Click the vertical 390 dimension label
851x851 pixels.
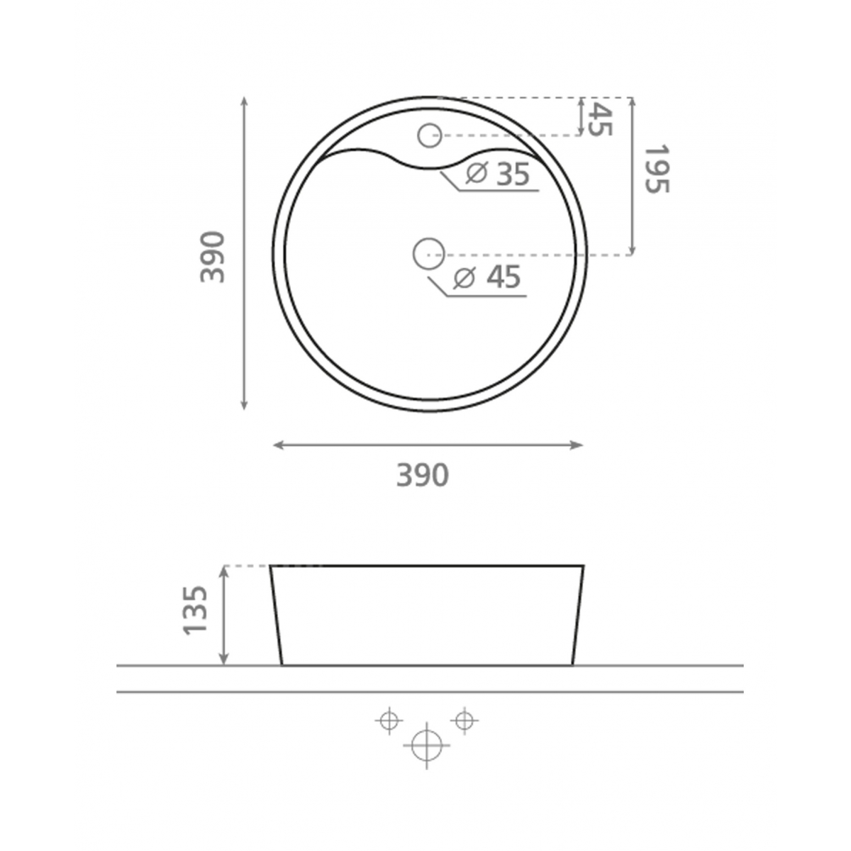point(213,257)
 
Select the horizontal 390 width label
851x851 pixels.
point(422,475)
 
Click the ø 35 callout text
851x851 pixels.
point(499,174)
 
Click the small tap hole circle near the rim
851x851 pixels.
point(430,135)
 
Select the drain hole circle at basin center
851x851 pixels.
point(428,253)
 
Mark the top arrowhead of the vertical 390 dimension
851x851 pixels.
point(244,101)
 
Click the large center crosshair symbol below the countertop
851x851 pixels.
point(426,745)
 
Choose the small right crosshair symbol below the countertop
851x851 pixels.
point(464,721)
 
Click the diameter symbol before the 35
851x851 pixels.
point(477,173)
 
